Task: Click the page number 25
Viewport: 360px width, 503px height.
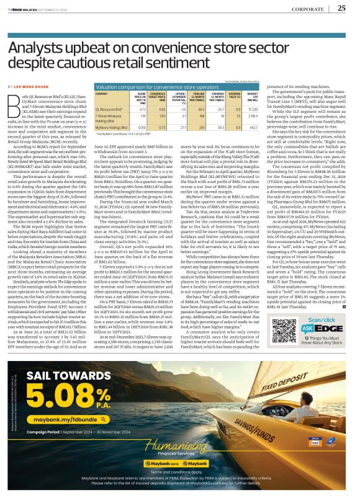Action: click(341, 8)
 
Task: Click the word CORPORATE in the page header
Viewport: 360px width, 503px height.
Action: click(308, 9)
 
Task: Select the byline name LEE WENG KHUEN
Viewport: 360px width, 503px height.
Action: click(35, 86)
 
